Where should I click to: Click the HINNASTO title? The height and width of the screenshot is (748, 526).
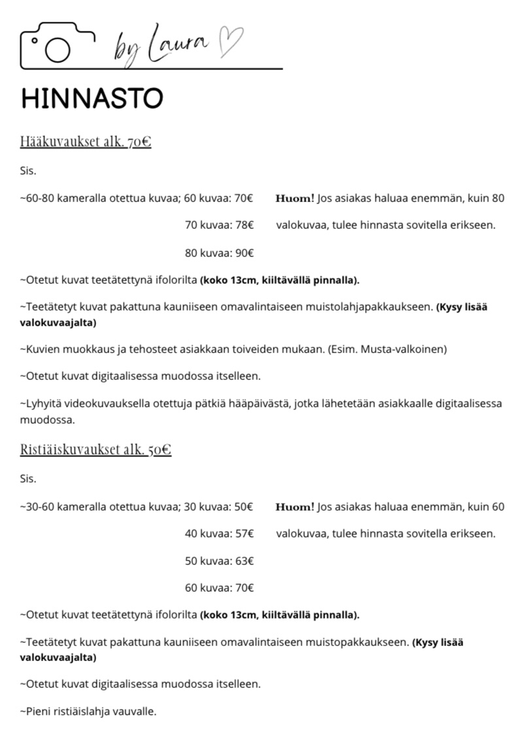click(92, 99)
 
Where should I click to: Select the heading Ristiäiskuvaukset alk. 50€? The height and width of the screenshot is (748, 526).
click(96, 450)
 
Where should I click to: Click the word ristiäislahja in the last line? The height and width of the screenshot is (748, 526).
click(84, 711)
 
